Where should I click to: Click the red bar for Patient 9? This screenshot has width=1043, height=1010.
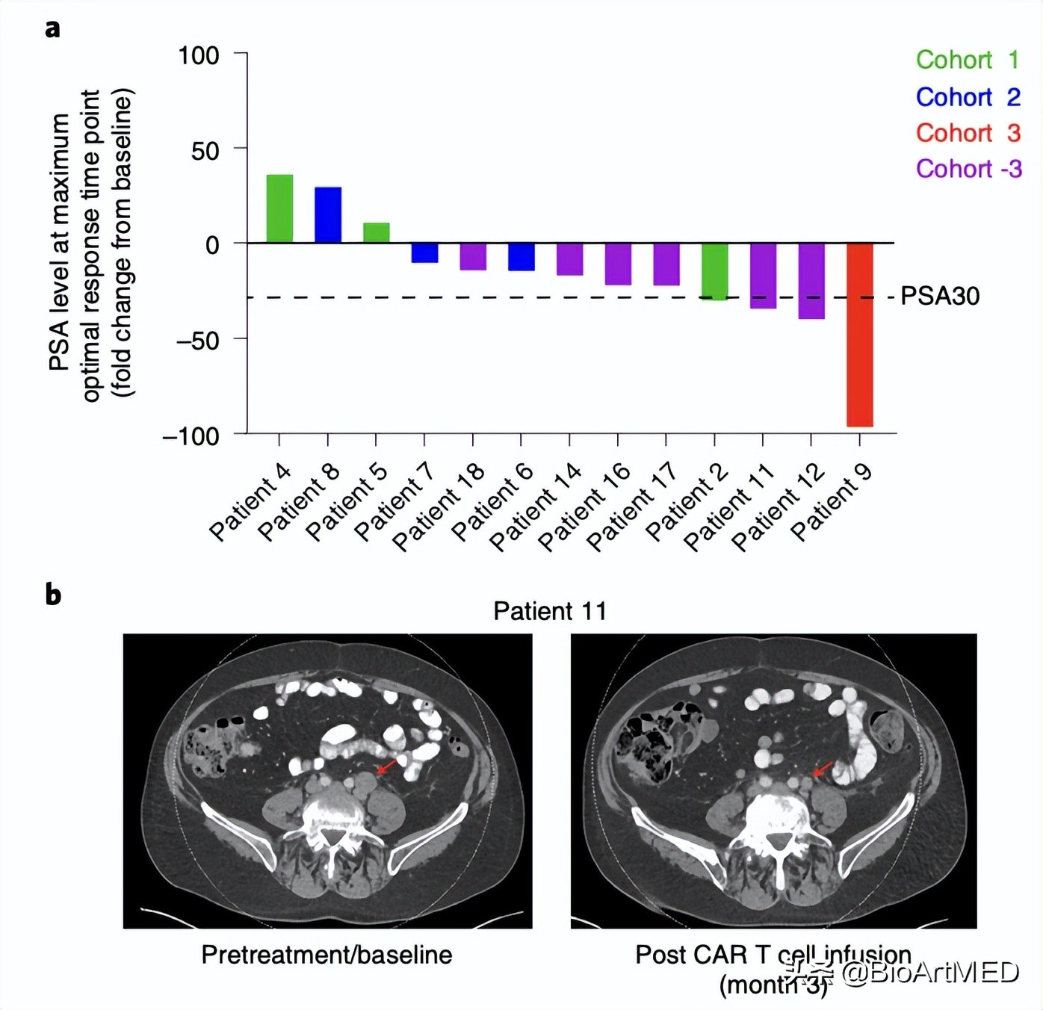[859, 334]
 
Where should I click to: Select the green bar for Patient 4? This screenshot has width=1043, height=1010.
[279, 208]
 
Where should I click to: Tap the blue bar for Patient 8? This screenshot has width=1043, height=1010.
[328, 215]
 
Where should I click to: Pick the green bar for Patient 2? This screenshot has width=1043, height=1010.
[715, 271]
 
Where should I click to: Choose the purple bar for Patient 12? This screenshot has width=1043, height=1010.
[811, 281]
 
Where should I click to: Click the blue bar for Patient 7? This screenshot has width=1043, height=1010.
[424, 252]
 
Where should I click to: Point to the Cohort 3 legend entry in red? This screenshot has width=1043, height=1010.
[968, 133]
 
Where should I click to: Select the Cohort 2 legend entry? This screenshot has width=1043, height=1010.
[968, 97]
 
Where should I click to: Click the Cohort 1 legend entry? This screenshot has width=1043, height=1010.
[967, 60]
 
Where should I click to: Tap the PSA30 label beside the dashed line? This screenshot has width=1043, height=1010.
[939, 296]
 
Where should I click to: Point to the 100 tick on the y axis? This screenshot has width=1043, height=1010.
[198, 55]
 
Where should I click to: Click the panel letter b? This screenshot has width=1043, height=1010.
[53, 595]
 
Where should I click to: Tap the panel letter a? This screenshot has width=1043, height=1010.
[52, 28]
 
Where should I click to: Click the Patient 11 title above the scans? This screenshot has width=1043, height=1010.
[550, 611]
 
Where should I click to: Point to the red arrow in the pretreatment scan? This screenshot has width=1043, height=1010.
[387, 766]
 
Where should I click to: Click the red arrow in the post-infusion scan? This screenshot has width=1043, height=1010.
[823, 769]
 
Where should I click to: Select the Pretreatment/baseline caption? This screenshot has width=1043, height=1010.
[326, 955]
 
